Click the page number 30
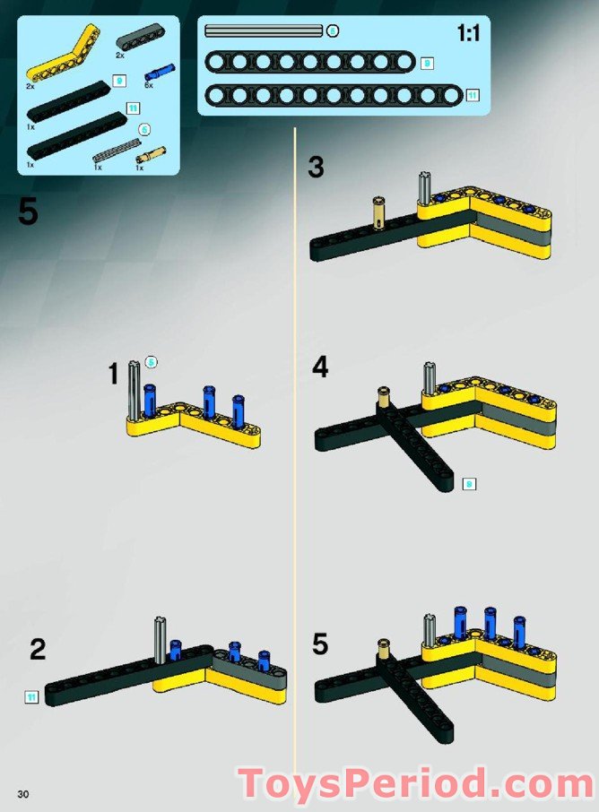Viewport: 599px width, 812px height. pyautogui.click(x=22, y=795)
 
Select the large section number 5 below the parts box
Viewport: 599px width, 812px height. pyautogui.click(x=28, y=212)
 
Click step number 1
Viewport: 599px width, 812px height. pyautogui.click(x=114, y=374)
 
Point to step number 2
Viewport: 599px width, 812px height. pyautogui.click(x=37, y=649)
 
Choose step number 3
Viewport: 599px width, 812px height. pyautogui.click(x=316, y=167)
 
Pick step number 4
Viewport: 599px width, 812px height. pyautogui.click(x=320, y=367)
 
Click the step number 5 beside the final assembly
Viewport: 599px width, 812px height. pyautogui.click(x=321, y=644)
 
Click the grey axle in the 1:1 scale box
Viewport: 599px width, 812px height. pyautogui.click(x=263, y=30)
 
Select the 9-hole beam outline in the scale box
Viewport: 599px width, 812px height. pyautogui.click(x=309, y=62)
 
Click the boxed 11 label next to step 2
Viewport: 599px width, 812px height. pyautogui.click(x=32, y=695)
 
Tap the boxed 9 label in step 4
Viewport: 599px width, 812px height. pyautogui.click(x=468, y=484)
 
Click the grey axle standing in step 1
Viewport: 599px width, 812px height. pyautogui.click(x=135, y=390)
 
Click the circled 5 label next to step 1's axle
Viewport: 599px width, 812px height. pyautogui.click(x=152, y=362)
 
